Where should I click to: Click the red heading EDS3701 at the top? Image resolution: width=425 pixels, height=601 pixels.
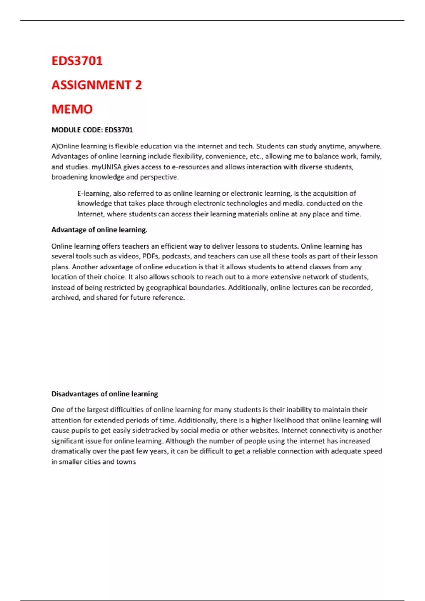(x=77, y=61)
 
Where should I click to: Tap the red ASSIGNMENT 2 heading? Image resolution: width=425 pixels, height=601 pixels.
(x=96, y=85)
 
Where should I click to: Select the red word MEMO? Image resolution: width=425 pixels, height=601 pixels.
(x=72, y=109)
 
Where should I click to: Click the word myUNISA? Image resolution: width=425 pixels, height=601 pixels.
(x=106, y=167)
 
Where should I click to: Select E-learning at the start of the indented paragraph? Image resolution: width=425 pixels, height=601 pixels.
(x=93, y=193)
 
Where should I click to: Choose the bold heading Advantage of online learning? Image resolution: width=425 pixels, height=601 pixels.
(x=99, y=230)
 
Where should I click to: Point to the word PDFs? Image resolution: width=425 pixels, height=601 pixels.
(x=150, y=256)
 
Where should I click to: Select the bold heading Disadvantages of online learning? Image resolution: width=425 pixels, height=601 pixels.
(x=104, y=394)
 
